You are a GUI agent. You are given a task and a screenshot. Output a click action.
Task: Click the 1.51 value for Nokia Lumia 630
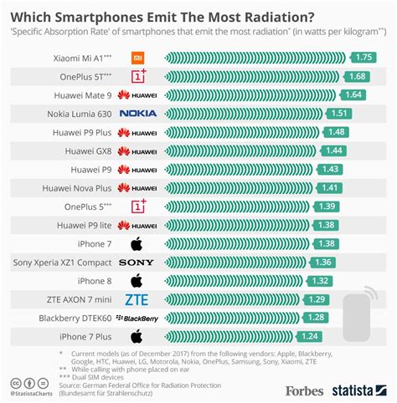point(340,113)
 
